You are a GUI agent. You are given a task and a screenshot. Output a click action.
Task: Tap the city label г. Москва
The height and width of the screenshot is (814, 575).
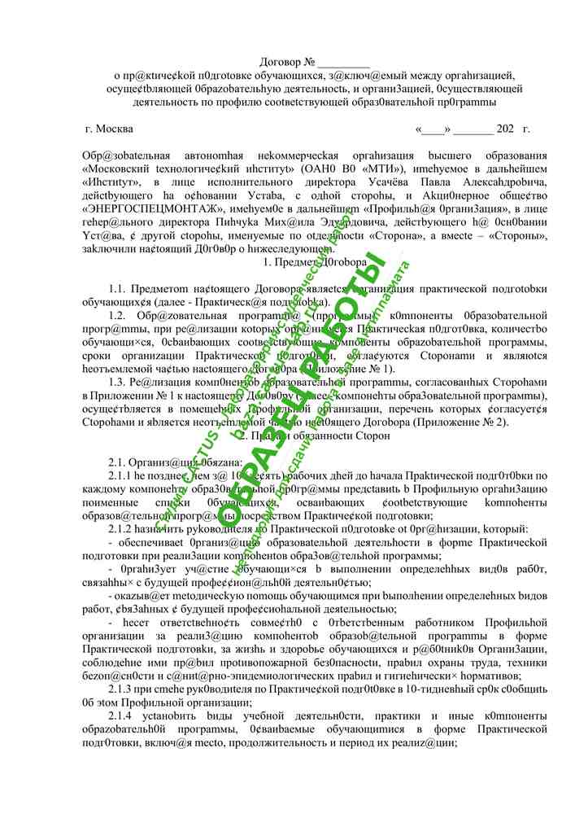[109, 129]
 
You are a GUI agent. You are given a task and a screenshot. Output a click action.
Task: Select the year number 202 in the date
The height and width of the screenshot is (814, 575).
[504, 129]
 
